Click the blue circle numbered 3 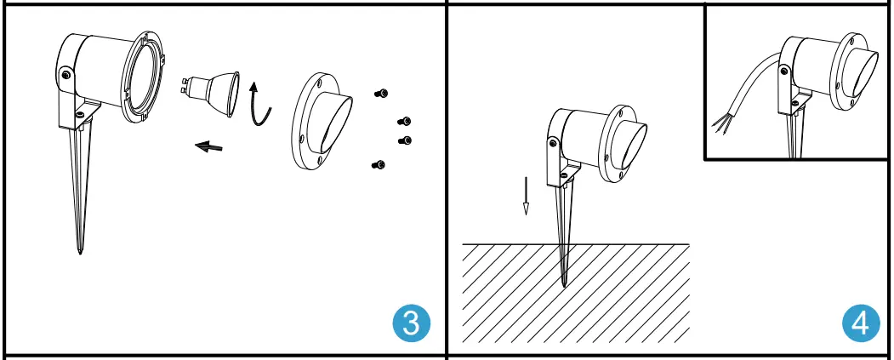[x=411, y=323]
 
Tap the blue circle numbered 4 [x=861, y=323]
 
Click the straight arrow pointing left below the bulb [x=208, y=146]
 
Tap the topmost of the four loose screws [x=382, y=94]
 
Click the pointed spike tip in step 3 [x=80, y=250]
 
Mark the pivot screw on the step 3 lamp [x=65, y=75]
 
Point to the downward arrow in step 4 [x=527, y=196]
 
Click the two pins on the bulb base [x=186, y=85]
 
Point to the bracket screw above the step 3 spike [x=79, y=114]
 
